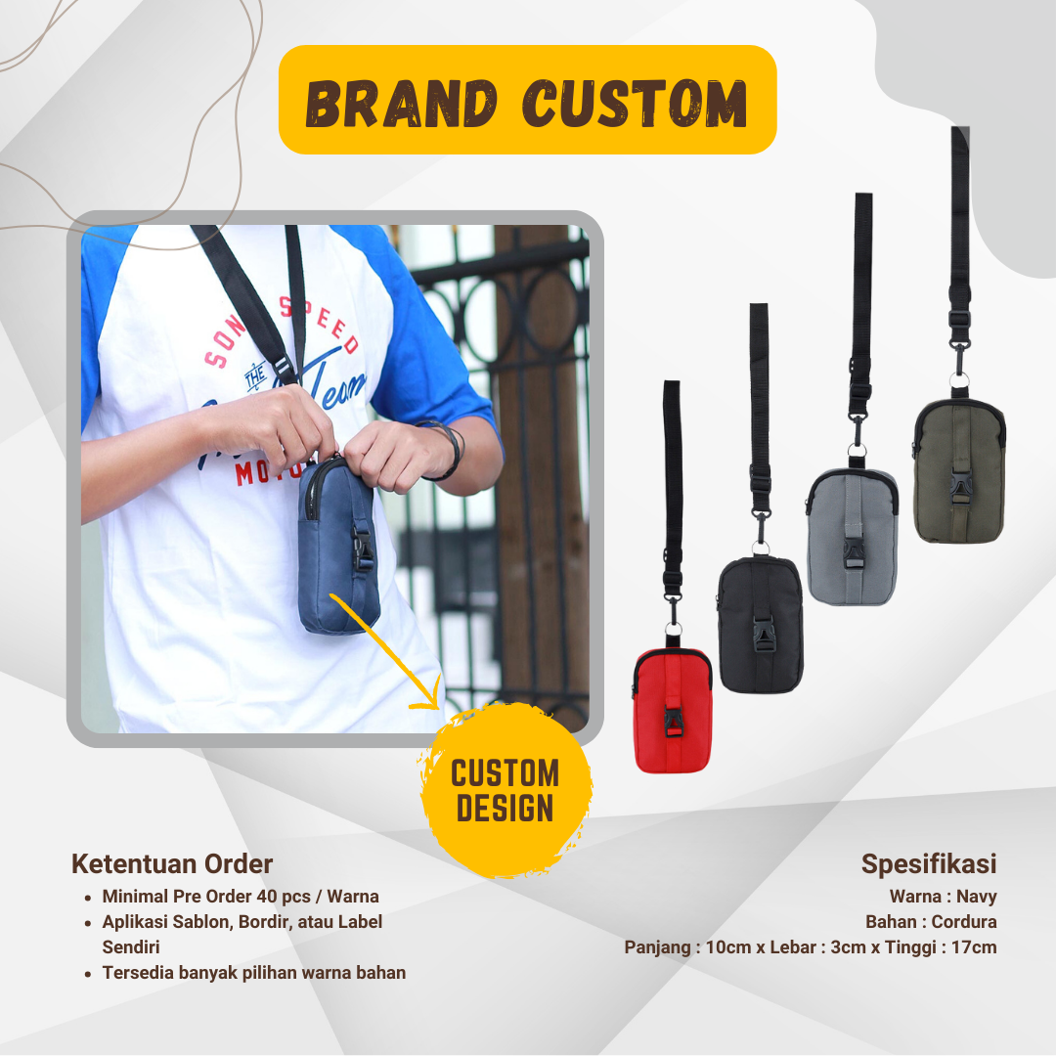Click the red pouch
click(672, 711)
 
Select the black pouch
click(761, 624)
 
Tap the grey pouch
click(852, 537)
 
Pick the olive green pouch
click(959, 470)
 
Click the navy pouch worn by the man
click(338, 546)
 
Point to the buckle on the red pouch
click(673, 722)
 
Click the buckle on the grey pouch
click(853, 552)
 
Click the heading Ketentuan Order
click(172, 864)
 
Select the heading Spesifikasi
click(929, 864)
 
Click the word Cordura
click(964, 921)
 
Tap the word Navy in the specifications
click(977, 897)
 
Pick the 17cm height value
click(974, 946)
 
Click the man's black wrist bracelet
click(446, 449)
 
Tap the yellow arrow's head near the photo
click(429, 696)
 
